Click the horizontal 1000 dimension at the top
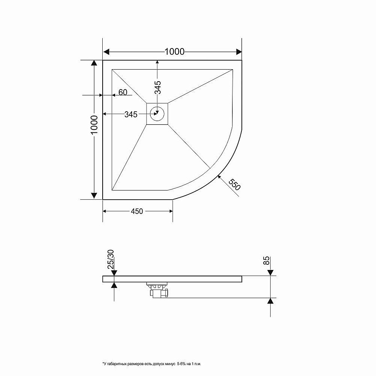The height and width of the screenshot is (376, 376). [174, 52]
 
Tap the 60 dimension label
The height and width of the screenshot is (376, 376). [123, 92]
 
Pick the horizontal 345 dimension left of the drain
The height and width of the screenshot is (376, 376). [131, 115]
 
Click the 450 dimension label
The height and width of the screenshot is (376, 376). [137, 211]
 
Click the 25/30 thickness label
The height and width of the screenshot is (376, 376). [111, 259]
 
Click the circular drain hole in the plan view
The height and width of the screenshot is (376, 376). [157, 113]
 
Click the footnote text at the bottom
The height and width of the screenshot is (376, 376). [152, 364]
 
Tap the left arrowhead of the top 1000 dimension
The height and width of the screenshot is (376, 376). [107, 52]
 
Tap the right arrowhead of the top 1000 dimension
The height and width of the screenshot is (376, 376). [237, 52]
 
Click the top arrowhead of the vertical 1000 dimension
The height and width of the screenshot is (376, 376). [94, 64]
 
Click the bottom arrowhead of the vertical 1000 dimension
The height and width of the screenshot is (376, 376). [94, 195]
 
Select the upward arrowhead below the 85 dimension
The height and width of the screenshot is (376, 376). [270, 301]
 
